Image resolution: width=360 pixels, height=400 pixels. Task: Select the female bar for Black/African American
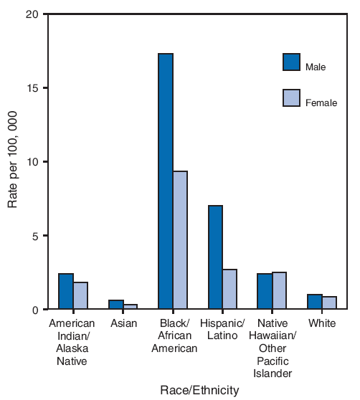pyautogui.click(x=180, y=240)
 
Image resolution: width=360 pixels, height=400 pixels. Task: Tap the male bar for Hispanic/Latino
pyautogui.click(x=215, y=257)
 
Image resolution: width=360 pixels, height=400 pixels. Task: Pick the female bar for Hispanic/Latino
pyautogui.click(x=229, y=290)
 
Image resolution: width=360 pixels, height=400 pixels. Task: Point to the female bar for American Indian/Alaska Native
pyautogui.click(x=80, y=296)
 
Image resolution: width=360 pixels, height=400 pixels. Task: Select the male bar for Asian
pyautogui.click(x=116, y=305)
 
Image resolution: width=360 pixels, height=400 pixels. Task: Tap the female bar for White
pyautogui.click(x=329, y=303)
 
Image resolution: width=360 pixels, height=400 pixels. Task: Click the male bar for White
pyautogui.click(x=315, y=302)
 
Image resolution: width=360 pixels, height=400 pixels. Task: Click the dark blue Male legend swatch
pyautogui.click(x=292, y=63)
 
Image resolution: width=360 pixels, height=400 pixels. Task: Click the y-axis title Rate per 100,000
pyautogui.click(x=14, y=162)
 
